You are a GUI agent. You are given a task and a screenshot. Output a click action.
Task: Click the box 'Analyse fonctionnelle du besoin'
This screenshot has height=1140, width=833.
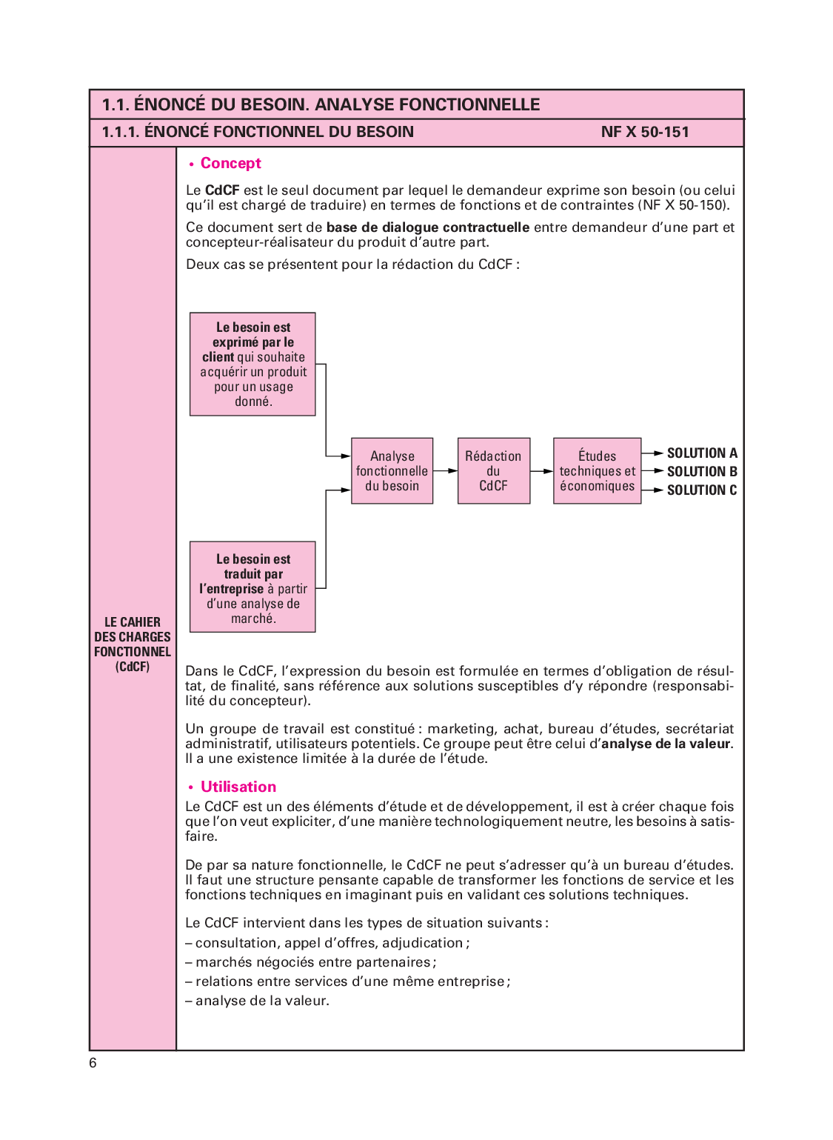coord(392,471)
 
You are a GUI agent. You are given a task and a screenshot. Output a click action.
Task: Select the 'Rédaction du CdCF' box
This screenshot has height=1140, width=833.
coord(493,471)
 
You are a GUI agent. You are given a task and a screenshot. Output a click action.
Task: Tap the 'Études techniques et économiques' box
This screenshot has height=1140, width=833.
coord(597,471)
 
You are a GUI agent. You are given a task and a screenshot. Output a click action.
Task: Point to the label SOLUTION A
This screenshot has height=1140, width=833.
coord(701,453)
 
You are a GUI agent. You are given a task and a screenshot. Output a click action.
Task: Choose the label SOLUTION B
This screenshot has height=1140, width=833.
coord(701,472)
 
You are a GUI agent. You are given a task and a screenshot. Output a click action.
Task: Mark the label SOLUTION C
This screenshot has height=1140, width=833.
coord(701,490)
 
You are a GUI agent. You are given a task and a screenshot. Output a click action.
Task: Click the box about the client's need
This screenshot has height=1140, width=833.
coord(252,364)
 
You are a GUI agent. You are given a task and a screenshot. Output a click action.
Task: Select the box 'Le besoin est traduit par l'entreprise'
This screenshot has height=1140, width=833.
coord(252,587)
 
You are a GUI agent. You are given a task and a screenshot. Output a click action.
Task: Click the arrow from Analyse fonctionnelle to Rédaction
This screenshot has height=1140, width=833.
coord(445,471)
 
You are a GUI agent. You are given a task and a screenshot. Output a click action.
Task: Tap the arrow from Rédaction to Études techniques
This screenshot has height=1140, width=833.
coord(542,471)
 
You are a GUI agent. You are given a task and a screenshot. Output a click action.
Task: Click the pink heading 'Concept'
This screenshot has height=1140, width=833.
coord(230,164)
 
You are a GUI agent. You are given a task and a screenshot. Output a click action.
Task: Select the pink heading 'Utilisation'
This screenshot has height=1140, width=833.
coord(238,787)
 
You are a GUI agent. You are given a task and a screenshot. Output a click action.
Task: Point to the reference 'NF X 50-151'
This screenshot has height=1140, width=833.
coord(645,133)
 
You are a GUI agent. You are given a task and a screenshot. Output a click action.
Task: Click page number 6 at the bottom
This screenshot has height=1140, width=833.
coord(93,1064)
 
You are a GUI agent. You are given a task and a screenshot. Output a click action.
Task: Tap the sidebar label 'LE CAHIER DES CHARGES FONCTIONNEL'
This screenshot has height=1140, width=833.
coord(133,644)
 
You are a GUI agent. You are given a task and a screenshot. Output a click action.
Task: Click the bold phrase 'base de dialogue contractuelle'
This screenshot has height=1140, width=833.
coord(427,227)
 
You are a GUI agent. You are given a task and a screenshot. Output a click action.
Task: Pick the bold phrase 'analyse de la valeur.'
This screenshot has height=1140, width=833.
coord(666,744)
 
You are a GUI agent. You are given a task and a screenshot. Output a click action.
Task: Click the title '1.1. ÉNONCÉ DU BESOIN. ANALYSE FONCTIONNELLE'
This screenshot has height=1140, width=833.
coord(321,104)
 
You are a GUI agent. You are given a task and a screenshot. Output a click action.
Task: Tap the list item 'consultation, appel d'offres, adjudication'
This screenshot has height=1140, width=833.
coord(332,943)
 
